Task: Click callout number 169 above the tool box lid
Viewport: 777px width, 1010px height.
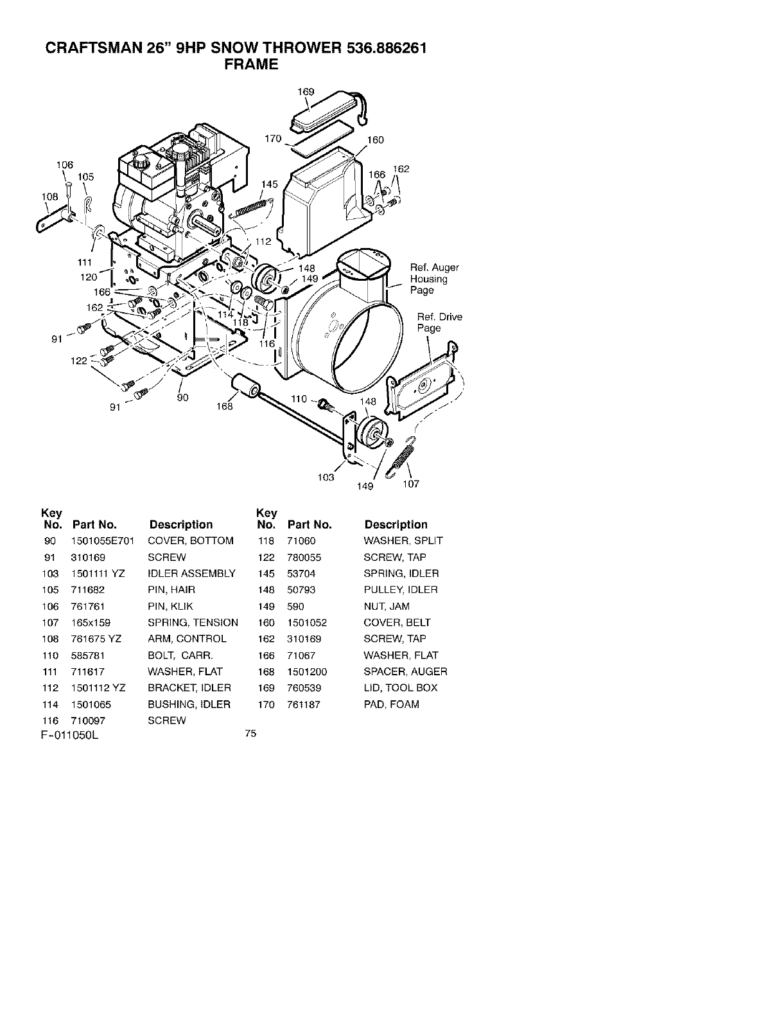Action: coord(306,92)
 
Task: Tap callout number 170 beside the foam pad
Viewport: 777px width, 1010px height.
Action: coord(274,139)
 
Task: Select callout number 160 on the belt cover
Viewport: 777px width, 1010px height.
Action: coord(375,140)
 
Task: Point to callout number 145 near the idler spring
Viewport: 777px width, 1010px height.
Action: coord(270,184)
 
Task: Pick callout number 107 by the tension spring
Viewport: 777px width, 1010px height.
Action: coord(411,484)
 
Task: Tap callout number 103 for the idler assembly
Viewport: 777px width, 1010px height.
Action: coord(326,477)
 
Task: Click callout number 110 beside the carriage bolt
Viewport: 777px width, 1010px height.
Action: coord(299,399)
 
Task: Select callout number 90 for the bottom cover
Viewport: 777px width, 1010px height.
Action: coord(182,398)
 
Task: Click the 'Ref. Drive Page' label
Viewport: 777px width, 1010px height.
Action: coord(439,323)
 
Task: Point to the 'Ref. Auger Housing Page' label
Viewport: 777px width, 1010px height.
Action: coord(434,279)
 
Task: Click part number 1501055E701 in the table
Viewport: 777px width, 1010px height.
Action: coord(102,541)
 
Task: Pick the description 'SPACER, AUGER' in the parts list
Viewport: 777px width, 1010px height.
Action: coord(405,671)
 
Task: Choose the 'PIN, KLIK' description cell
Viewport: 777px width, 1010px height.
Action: coord(170,606)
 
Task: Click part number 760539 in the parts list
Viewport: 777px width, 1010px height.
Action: coord(304,687)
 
